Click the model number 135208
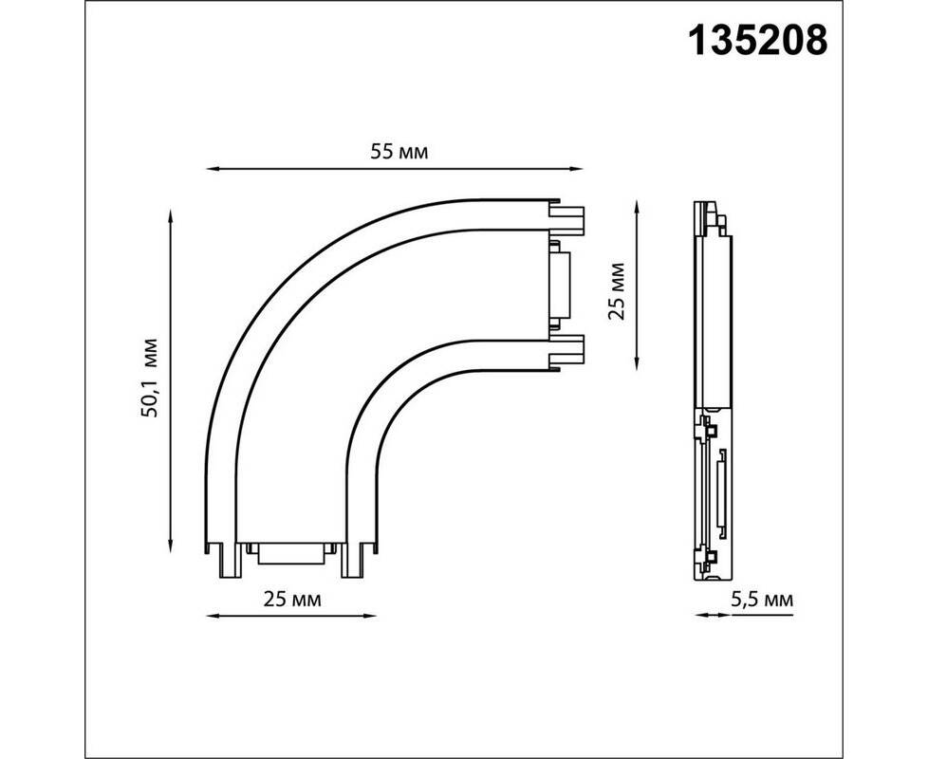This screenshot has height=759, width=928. (757, 41)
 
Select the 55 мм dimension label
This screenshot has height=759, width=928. (399, 152)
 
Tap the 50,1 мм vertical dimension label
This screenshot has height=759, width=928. (150, 378)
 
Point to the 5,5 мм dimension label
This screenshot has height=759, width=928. (762, 600)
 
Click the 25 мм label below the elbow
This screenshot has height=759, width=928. (292, 600)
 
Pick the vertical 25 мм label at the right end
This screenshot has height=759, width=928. (617, 291)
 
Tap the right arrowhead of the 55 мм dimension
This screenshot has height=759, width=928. (578, 169)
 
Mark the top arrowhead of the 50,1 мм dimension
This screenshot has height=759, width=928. (171, 213)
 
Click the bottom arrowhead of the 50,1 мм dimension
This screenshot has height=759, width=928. (171, 546)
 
